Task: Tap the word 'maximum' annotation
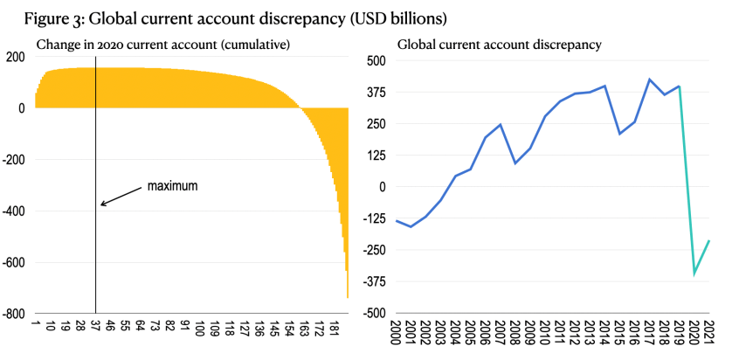[174, 187]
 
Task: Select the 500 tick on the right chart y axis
[375, 60]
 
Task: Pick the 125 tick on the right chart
[375, 156]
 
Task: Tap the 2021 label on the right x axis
[708, 333]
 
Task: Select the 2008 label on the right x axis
[517, 333]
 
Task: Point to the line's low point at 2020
[694, 274]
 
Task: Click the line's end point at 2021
[709, 240]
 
